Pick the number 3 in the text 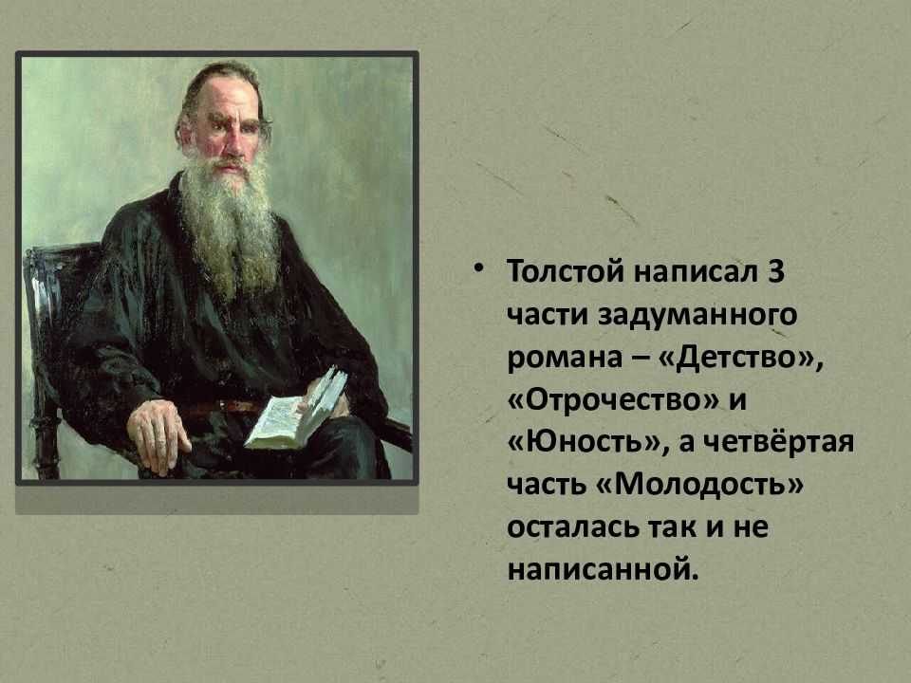776,272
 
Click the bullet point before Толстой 478,268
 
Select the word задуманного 697,316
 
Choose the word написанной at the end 602,570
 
